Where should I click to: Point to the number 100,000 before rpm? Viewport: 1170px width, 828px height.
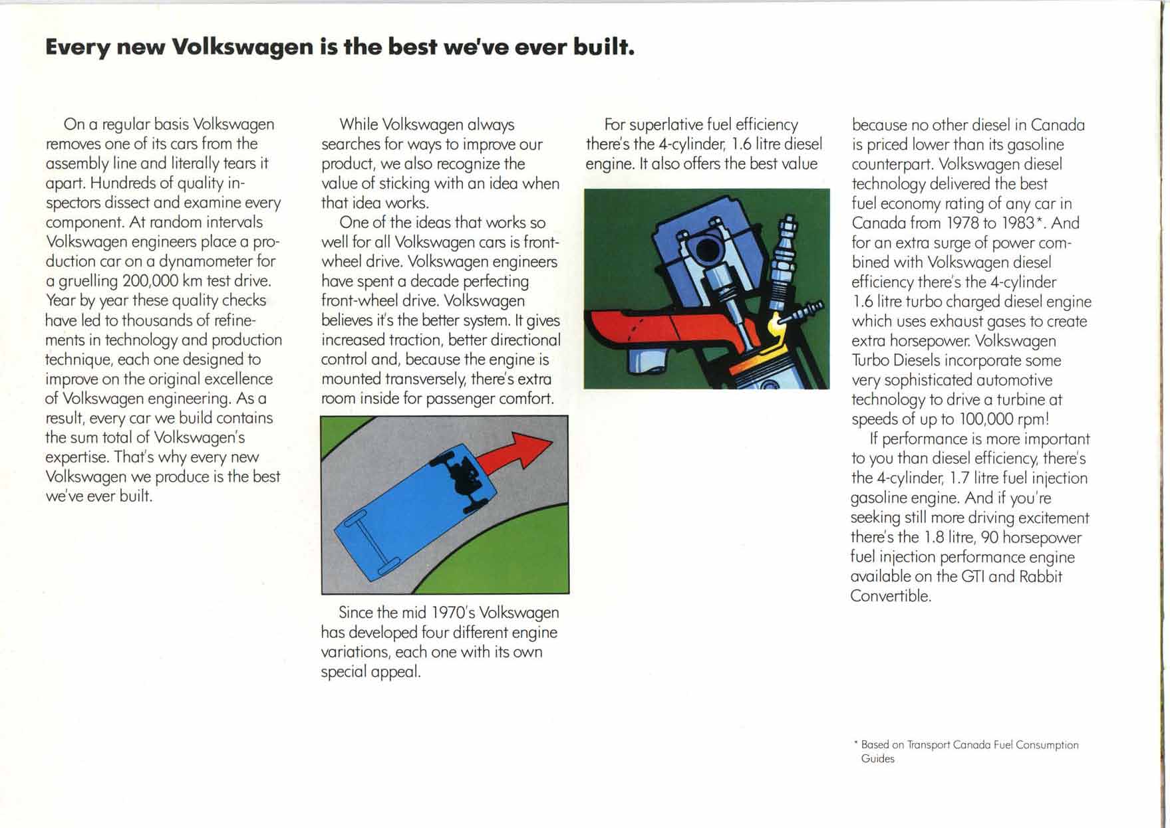pos(987,419)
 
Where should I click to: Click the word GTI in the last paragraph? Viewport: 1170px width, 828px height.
pos(972,576)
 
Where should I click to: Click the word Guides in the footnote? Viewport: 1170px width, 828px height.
pos(877,759)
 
